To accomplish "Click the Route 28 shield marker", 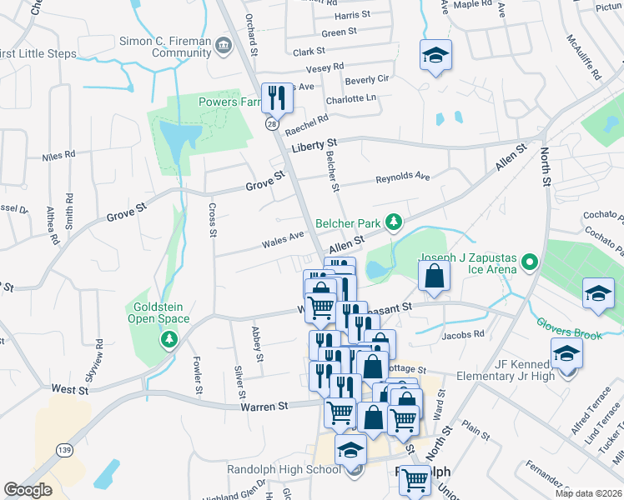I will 272,123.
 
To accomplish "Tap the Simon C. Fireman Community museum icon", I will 223,45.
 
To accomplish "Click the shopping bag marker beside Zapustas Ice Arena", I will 435,275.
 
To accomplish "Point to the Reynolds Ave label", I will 402,177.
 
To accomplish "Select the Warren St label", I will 265,406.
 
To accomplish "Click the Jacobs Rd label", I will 464,334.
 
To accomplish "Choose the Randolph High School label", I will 284,469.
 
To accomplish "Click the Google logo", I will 28,490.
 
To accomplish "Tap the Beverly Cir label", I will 367,79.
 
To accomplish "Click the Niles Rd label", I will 58,155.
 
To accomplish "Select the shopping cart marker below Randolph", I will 415,479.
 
